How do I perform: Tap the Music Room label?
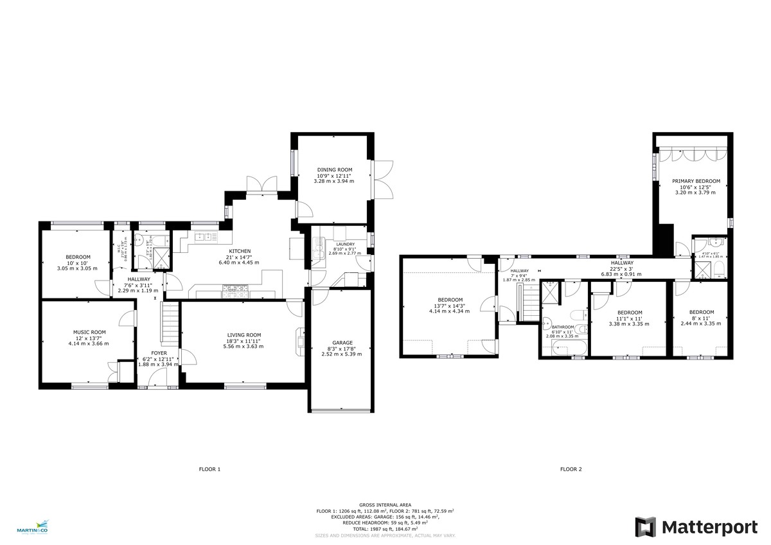point(89,332)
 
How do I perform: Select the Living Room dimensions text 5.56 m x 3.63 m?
point(244,347)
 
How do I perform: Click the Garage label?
point(342,342)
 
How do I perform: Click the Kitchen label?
point(240,251)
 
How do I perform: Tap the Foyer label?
point(158,353)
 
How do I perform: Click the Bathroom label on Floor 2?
point(562,327)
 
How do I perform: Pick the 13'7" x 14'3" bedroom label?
point(450,300)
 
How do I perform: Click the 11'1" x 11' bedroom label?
point(630,313)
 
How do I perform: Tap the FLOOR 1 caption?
point(209,469)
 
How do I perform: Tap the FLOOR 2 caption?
point(571,469)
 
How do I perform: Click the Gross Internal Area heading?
point(385,505)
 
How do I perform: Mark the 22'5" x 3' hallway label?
point(621,263)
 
